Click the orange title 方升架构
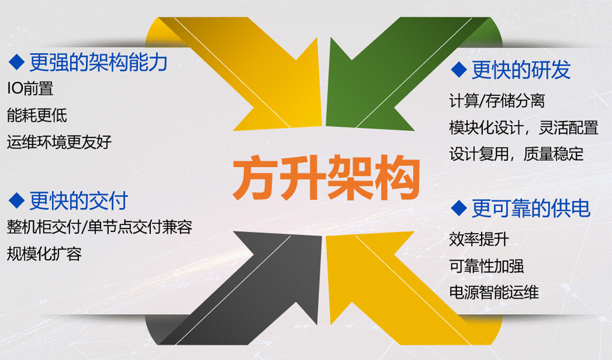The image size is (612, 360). point(326,178)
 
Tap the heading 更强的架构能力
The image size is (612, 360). point(98,62)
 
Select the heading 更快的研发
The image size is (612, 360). point(521,70)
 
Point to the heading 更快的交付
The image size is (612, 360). point(78,201)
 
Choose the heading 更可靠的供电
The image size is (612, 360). point(531,208)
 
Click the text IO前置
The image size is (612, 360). point(30,88)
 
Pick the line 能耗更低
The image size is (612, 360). point(37,115)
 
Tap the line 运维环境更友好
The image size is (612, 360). point(59,141)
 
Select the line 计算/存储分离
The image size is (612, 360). point(497,100)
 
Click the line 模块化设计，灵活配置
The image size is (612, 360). point(524,128)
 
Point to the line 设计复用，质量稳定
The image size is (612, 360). point(516,154)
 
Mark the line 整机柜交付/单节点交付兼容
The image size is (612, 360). point(99,227)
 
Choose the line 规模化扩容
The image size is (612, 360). point(45,254)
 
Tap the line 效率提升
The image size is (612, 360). point(479,239)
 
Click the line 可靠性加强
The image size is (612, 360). point(486,266)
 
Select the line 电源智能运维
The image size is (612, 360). point(494,293)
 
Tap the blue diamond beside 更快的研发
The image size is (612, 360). point(458,70)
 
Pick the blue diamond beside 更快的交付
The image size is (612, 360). point(17,200)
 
